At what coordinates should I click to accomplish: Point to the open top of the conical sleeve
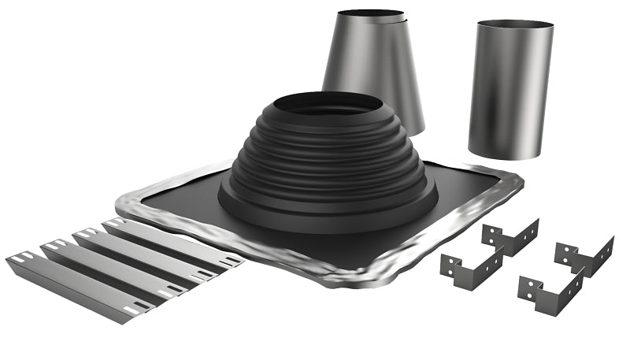[x=371, y=14]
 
